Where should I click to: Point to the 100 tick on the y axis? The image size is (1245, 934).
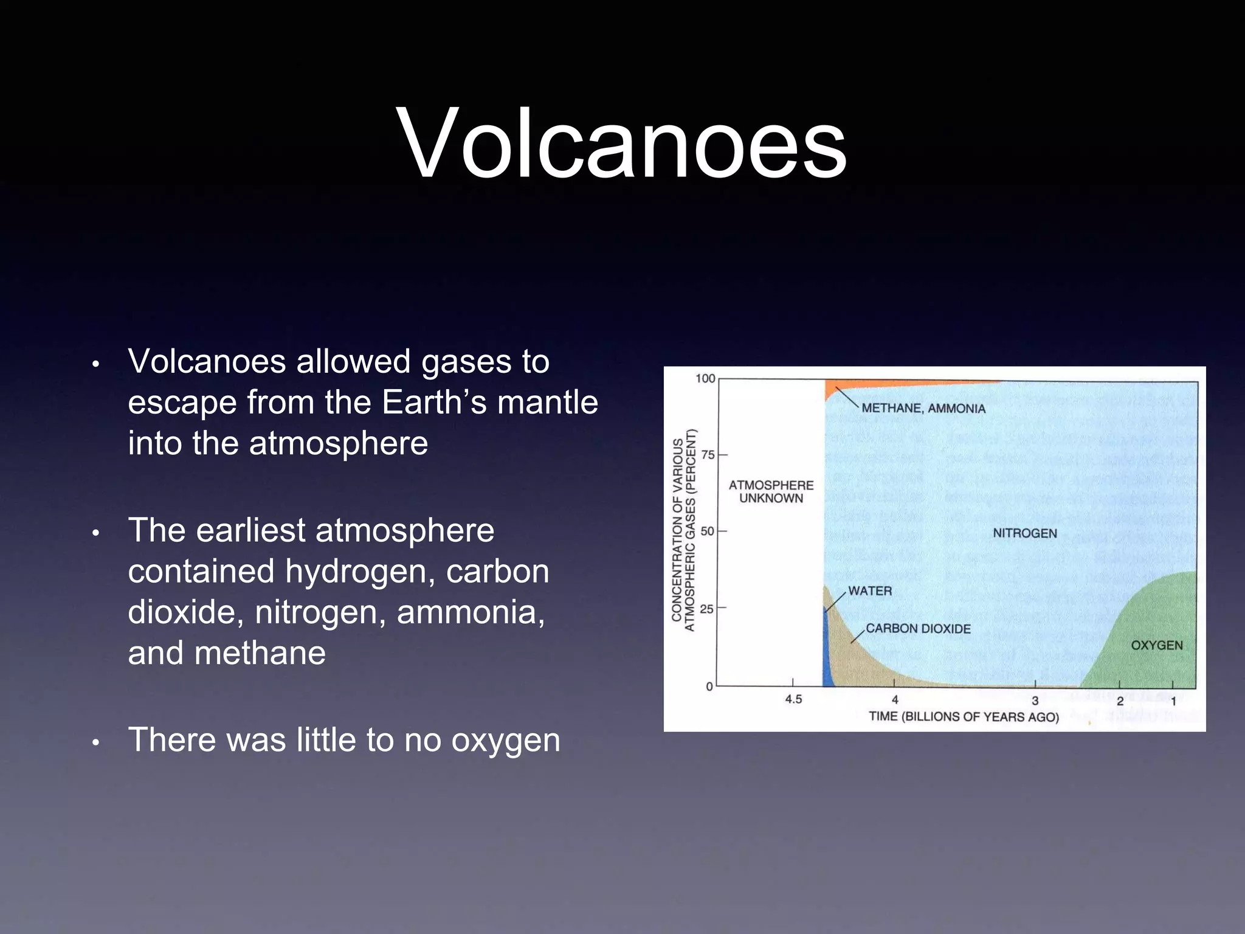(x=705, y=379)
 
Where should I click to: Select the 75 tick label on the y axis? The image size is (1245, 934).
(x=708, y=455)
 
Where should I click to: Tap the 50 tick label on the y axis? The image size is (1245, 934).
(x=707, y=531)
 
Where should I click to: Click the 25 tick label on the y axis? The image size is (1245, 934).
(x=706, y=609)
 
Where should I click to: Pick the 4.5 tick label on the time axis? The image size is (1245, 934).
(x=793, y=699)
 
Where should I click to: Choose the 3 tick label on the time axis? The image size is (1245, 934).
(x=1035, y=700)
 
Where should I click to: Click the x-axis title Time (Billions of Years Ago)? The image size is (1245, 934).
(x=964, y=717)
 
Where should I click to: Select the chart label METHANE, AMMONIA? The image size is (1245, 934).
(x=923, y=409)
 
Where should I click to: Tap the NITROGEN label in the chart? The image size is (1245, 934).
(x=1025, y=533)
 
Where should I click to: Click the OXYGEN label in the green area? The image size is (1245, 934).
(x=1156, y=645)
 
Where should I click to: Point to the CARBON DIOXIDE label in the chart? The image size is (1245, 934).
(x=918, y=629)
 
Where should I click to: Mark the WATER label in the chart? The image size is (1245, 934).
(x=870, y=591)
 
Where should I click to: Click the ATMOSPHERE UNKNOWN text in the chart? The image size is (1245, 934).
(x=771, y=491)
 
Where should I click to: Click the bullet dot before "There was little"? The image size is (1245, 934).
(x=95, y=742)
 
